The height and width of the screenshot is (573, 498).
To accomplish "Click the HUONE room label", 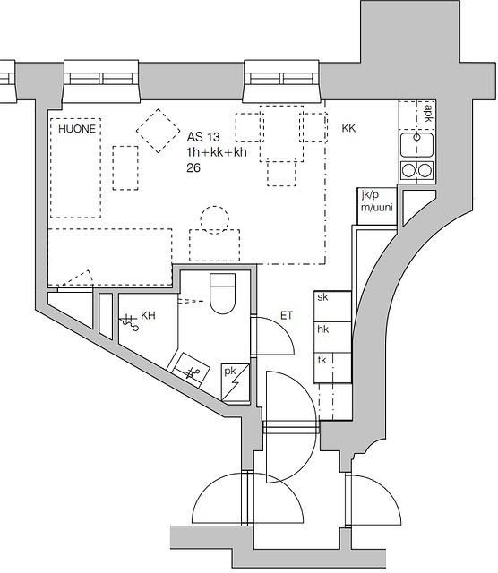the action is pyautogui.click(x=77, y=129).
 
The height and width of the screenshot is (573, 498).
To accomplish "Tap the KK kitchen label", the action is pyautogui.click(x=348, y=128).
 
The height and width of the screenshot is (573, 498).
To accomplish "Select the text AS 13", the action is pyautogui.click(x=203, y=137).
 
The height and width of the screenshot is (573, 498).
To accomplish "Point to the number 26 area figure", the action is pyautogui.click(x=193, y=167).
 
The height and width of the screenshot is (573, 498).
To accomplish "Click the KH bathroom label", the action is pyautogui.click(x=148, y=315).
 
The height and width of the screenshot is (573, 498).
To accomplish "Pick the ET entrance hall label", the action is pyautogui.click(x=287, y=315).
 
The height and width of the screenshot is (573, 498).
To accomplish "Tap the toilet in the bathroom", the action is pyautogui.click(x=222, y=294).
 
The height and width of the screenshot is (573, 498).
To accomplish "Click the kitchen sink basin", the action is pyautogui.click(x=416, y=145).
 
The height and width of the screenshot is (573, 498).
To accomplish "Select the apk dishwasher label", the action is pyautogui.click(x=428, y=113).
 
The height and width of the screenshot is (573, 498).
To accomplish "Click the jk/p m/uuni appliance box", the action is pyautogui.click(x=376, y=206).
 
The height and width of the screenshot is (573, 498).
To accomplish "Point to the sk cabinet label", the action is pyautogui.click(x=322, y=297).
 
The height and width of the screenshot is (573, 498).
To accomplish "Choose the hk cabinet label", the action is pyautogui.click(x=322, y=329).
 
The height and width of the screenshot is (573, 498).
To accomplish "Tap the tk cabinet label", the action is pyautogui.click(x=322, y=360).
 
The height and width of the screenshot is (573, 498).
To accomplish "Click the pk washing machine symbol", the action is pyautogui.click(x=236, y=382).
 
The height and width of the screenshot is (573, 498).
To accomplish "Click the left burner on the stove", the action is pyautogui.click(x=408, y=170).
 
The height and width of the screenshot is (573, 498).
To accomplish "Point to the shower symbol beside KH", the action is pyautogui.click(x=129, y=322).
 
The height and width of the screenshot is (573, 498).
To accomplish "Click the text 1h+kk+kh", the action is pyautogui.click(x=217, y=152).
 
